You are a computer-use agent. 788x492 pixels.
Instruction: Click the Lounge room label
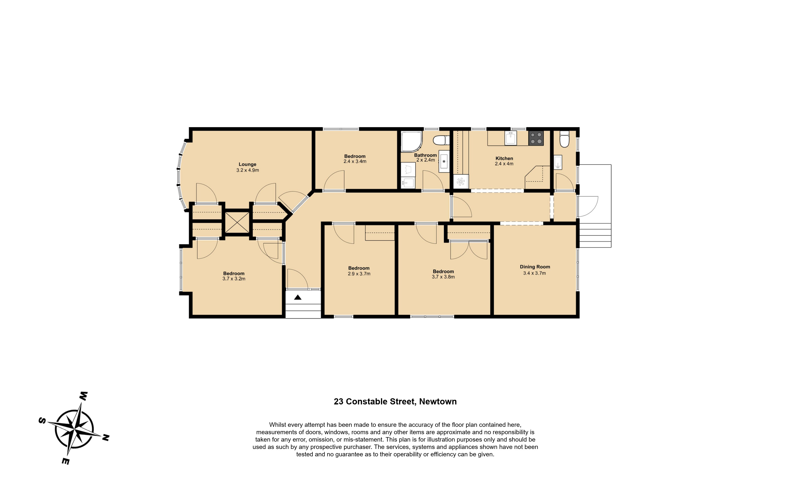tap(247, 164)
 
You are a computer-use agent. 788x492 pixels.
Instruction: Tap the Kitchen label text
tap(504, 158)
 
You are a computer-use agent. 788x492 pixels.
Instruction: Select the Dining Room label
tap(535, 267)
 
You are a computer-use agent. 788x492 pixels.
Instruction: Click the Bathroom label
tap(425, 155)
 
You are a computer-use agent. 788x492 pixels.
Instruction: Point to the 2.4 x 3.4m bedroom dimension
tap(355, 161)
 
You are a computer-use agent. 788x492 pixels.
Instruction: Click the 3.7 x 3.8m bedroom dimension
tap(443, 277)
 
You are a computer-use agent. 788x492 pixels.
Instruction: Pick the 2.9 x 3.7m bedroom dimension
tap(359, 274)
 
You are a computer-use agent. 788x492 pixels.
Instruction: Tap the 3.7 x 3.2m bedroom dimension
tap(234, 279)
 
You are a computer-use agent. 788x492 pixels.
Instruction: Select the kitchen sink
tap(510, 138)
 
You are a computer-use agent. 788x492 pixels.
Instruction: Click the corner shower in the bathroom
tap(411, 141)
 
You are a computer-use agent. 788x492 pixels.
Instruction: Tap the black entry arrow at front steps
tap(298, 297)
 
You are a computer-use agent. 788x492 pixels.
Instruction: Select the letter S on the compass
tap(42, 420)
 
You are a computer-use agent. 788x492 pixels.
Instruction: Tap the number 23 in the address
tap(339, 401)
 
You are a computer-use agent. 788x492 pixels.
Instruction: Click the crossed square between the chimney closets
tap(237, 223)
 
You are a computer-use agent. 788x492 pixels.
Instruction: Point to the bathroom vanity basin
tap(443, 161)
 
